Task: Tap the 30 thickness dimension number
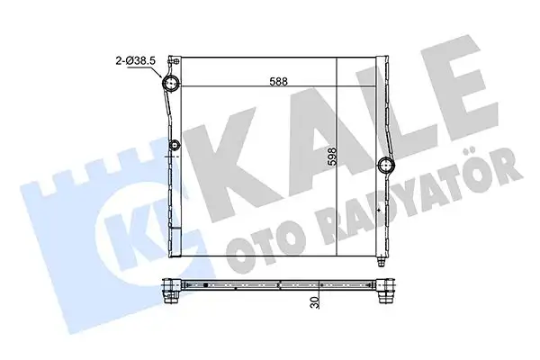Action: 315,301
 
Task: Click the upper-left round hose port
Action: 170,85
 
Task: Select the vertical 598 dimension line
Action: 336,162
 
